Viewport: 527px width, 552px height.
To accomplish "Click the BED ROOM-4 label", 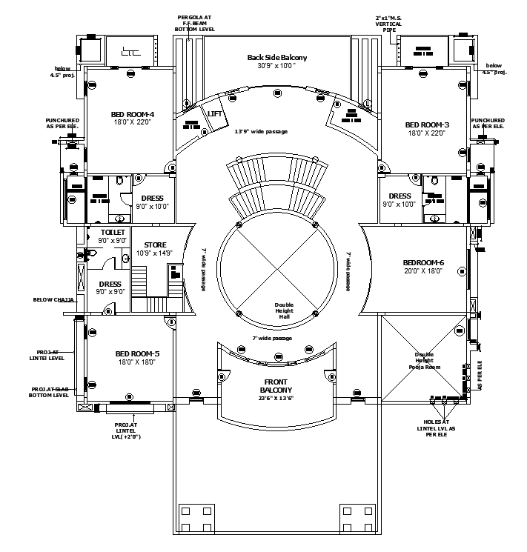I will (133, 114).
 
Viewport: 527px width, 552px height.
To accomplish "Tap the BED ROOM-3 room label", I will (427, 124).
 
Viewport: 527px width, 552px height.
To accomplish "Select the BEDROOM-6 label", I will (423, 262).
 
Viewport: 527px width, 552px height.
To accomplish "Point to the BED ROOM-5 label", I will (137, 353).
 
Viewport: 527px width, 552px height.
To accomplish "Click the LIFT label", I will (215, 113).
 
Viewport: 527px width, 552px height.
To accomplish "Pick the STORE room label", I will (155, 245).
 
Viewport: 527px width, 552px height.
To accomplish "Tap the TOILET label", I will (113, 233).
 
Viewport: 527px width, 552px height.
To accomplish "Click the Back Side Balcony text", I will (276, 57).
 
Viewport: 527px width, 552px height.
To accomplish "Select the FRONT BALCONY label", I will (276, 385).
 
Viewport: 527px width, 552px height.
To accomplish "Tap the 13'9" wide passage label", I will (261, 131).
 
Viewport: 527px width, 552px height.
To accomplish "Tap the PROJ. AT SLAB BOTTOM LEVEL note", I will (49, 392).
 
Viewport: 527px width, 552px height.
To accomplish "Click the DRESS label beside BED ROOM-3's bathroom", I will (400, 196).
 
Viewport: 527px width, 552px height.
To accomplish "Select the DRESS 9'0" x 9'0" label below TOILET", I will (110, 283).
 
